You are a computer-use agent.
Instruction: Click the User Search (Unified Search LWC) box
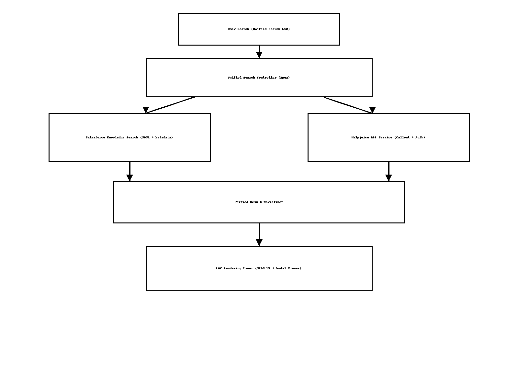pyautogui.click(x=259, y=29)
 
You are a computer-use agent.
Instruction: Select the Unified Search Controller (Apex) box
pyautogui.click(x=259, y=78)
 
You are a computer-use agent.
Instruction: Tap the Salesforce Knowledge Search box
pyautogui.click(x=129, y=137)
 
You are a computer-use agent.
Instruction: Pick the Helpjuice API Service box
pyautogui.click(x=388, y=137)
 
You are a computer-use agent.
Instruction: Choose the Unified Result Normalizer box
pyautogui.click(x=259, y=202)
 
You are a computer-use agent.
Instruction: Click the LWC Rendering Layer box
pyautogui.click(x=259, y=268)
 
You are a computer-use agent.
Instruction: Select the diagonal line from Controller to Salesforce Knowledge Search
pyautogui.click(x=170, y=105)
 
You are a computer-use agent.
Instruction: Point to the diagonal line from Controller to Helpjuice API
pyautogui.click(x=348, y=105)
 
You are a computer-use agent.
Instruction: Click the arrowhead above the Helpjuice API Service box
pyautogui.click(x=372, y=110)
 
